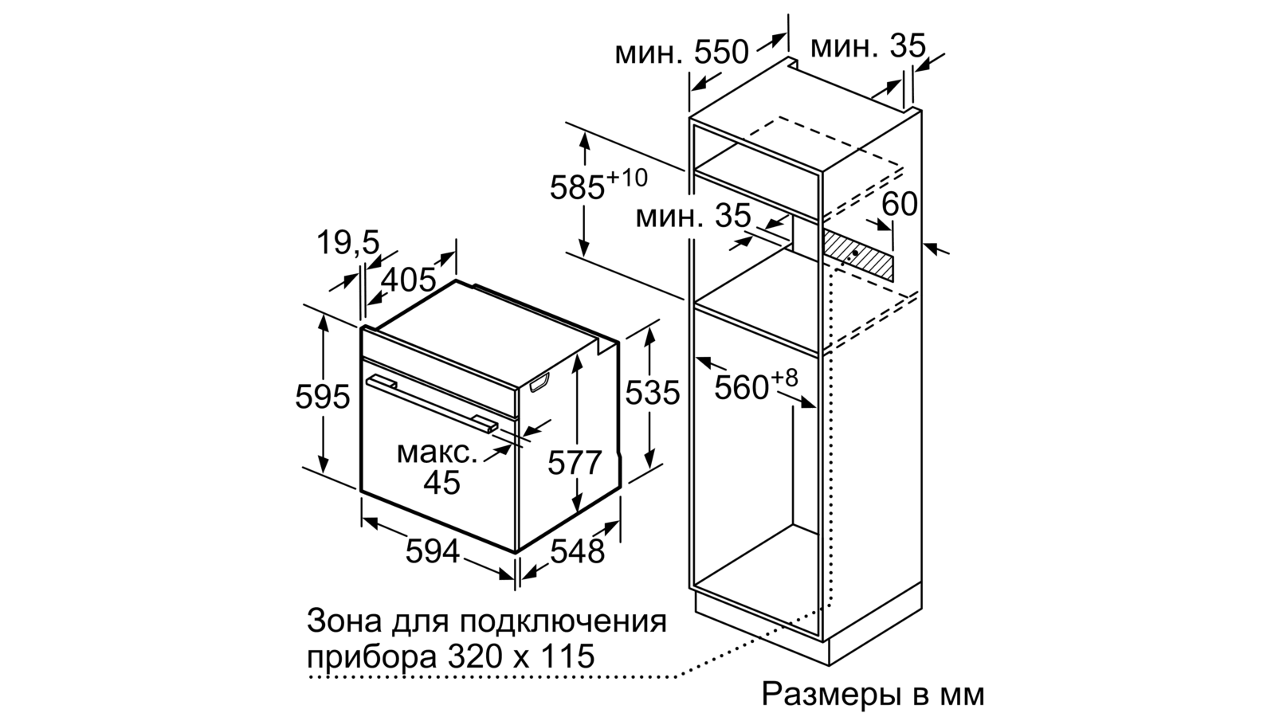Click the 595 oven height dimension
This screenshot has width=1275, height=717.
(322, 397)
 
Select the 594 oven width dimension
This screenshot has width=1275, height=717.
(433, 550)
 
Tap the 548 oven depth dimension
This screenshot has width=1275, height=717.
(577, 550)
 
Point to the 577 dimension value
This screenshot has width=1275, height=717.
(575, 462)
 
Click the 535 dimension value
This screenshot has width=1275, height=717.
(653, 392)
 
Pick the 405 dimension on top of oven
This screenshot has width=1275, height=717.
(408, 280)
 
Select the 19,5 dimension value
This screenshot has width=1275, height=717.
(347, 242)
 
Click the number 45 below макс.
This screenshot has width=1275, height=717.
(441, 483)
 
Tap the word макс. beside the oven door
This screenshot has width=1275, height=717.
(437, 453)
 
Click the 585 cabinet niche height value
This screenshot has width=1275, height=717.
(577, 188)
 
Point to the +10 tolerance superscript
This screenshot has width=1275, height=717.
(626, 178)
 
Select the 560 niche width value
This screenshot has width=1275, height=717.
(741, 388)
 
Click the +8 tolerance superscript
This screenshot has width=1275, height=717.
(784, 378)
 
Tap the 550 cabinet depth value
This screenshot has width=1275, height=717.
(721, 53)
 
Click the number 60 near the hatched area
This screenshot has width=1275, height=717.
(900, 204)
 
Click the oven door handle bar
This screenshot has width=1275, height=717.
(431, 405)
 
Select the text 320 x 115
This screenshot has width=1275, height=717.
(521, 656)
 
